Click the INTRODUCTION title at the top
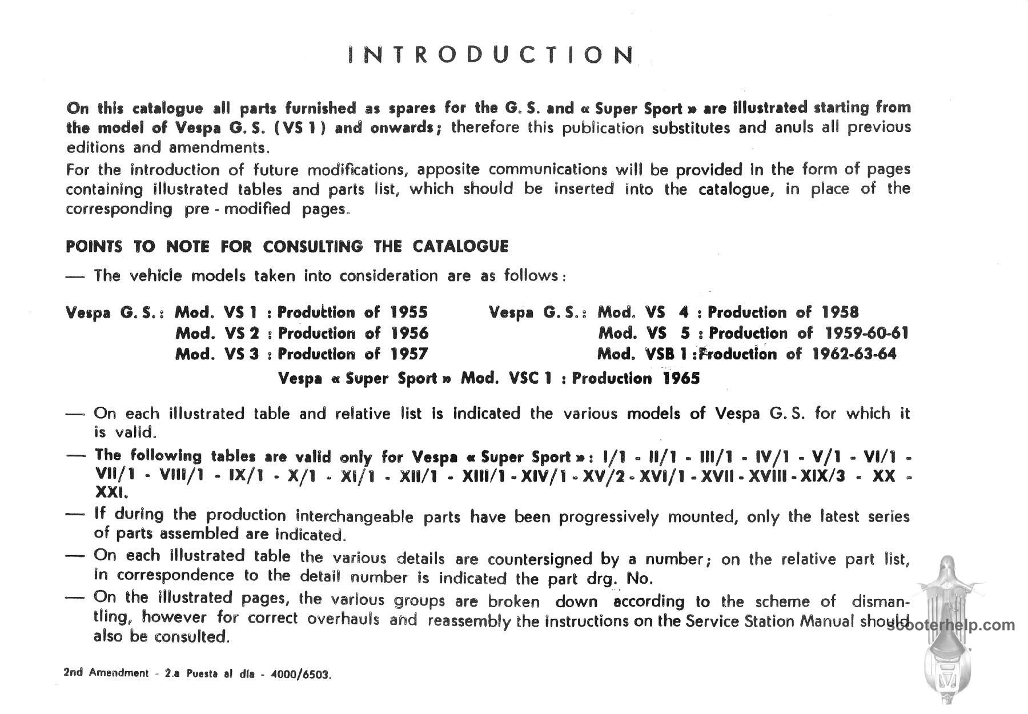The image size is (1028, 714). click(x=491, y=55)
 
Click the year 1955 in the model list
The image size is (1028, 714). click(x=409, y=312)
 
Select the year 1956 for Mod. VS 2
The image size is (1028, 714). click(x=409, y=333)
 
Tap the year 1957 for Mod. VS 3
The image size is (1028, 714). click(x=409, y=354)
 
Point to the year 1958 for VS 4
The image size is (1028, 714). click(x=840, y=312)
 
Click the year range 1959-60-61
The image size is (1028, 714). click(x=866, y=333)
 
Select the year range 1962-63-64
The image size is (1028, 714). click(x=854, y=354)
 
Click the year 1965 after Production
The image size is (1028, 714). click(x=681, y=379)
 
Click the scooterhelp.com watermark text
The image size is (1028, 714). click(x=951, y=625)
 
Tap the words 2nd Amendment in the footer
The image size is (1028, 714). click(x=106, y=673)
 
